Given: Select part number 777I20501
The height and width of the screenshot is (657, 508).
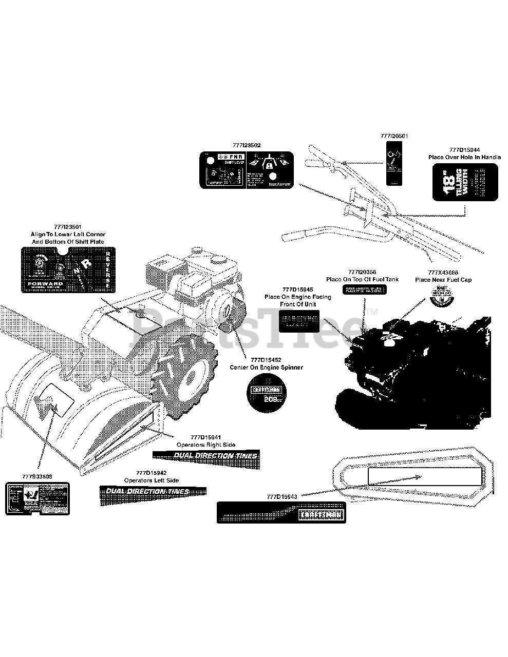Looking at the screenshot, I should [x=394, y=136].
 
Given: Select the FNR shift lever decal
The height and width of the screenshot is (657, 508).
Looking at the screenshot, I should [x=246, y=169].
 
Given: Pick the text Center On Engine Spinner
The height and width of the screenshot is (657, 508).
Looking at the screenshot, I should [x=266, y=367].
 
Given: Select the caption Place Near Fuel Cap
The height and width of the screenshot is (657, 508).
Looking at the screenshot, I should [x=443, y=280].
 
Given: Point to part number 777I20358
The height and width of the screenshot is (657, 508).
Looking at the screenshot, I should [x=362, y=272].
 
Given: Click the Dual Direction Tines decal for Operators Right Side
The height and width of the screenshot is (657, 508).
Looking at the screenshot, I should [x=205, y=455].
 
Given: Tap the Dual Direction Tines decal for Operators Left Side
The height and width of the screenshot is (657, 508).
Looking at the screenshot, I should [x=153, y=491].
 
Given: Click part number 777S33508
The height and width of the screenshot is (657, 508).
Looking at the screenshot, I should [x=37, y=476].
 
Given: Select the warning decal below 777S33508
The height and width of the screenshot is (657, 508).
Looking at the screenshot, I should [x=37, y=498].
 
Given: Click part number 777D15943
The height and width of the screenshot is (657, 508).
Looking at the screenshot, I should [x=283, y=497].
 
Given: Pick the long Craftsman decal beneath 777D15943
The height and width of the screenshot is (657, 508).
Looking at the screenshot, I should [x=281, y=513].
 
